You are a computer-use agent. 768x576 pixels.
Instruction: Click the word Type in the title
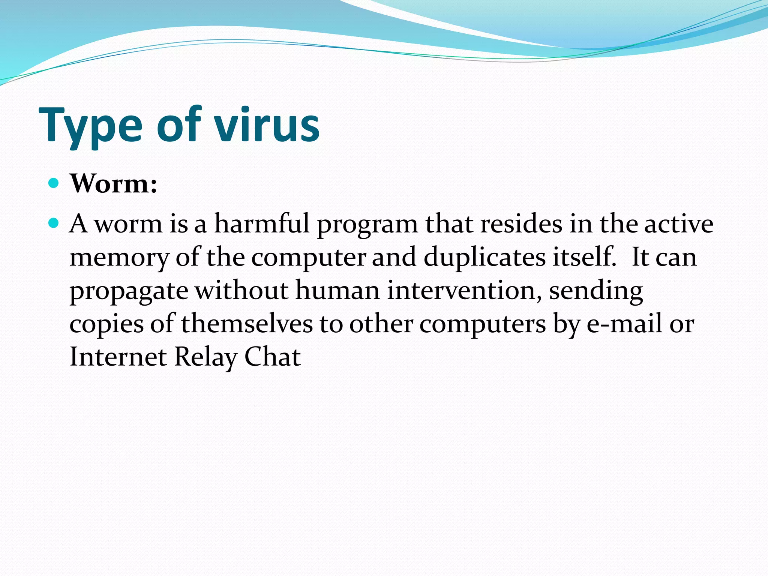(x=90, y=126)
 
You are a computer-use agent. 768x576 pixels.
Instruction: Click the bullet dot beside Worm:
(x=54, y=183)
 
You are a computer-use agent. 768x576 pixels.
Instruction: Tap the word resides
(x=522, y=224)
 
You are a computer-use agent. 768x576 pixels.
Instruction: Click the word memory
(x=120, y=258)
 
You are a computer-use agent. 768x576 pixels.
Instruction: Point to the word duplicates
(x=484, y=258)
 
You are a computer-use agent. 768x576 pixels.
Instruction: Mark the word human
(x=337, y=291)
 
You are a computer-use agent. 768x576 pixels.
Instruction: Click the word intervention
(x=464, y=291)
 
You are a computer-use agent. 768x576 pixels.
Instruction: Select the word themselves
(x=247, y=324)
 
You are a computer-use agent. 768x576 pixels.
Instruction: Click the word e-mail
(x=624, y=324)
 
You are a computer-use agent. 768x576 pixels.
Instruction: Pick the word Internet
(x=118, y=357)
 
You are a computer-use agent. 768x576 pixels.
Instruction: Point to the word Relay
(x=205, y=357)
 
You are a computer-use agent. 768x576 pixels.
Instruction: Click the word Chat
(x=273, y=357)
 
